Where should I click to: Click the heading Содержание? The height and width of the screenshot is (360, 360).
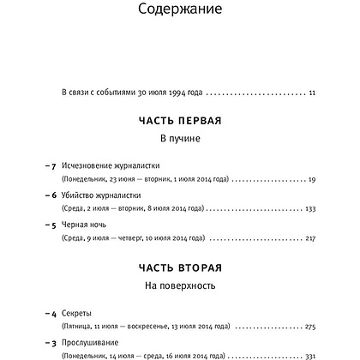click(180, 10)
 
